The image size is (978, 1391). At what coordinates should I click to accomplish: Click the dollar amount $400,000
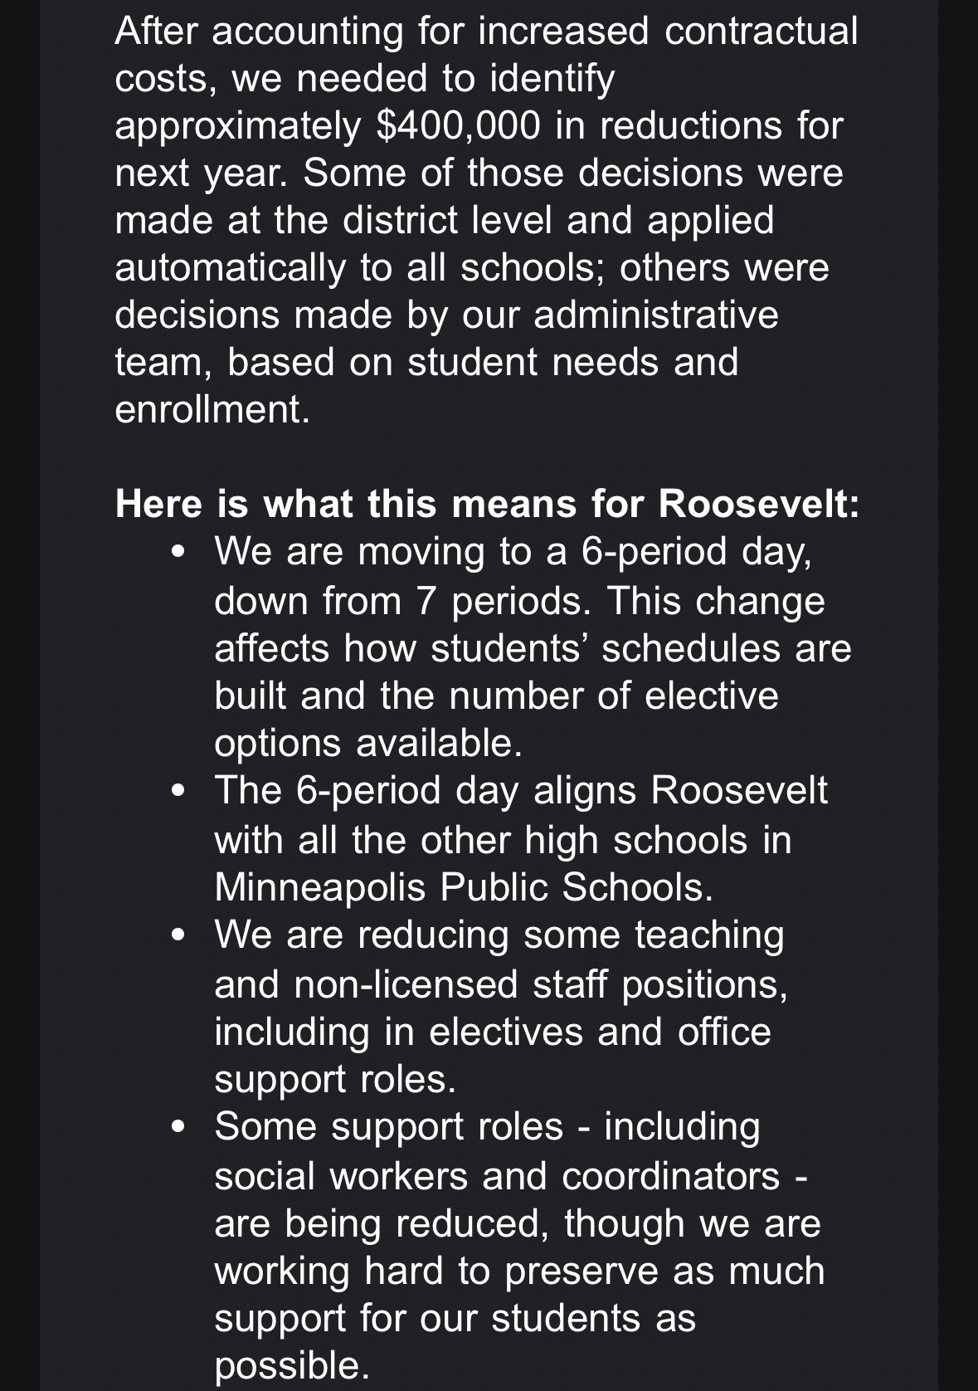pyautogui.click(x=458, y=125)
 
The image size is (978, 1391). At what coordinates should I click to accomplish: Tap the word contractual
pyautogui.click(x=761, y=31)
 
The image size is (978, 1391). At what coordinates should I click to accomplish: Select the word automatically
pyautogui.click(x=230, y=268)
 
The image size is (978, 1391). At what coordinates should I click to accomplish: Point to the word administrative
pyautogui.click(x=655, y=315)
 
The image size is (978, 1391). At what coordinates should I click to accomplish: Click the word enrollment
pyautogui.click(x=212, y=410)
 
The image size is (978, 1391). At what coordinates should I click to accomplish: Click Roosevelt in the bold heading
pyautogui.click(x=758, y=505)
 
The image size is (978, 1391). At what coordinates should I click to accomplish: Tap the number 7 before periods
pyautogui.click(x=426, y=600)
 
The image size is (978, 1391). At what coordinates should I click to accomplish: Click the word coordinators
pyautogui.click(x=670, y=1176)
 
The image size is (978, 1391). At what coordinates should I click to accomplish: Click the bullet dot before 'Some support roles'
pyautogui.click(x=177, y=1128)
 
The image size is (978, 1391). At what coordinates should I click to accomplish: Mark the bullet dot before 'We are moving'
pyautogui.click(x=177, y=553)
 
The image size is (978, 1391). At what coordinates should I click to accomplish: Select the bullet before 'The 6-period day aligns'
pyautogui.click(x=177, y=791)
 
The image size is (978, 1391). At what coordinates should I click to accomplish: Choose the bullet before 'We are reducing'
pyautogui.click(x=177, y=935)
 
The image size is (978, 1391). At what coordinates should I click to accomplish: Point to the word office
pyautogui.click(x=724, y=1032)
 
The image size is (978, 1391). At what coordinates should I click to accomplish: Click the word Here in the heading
pyautogui.click(x=158, y=505)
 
